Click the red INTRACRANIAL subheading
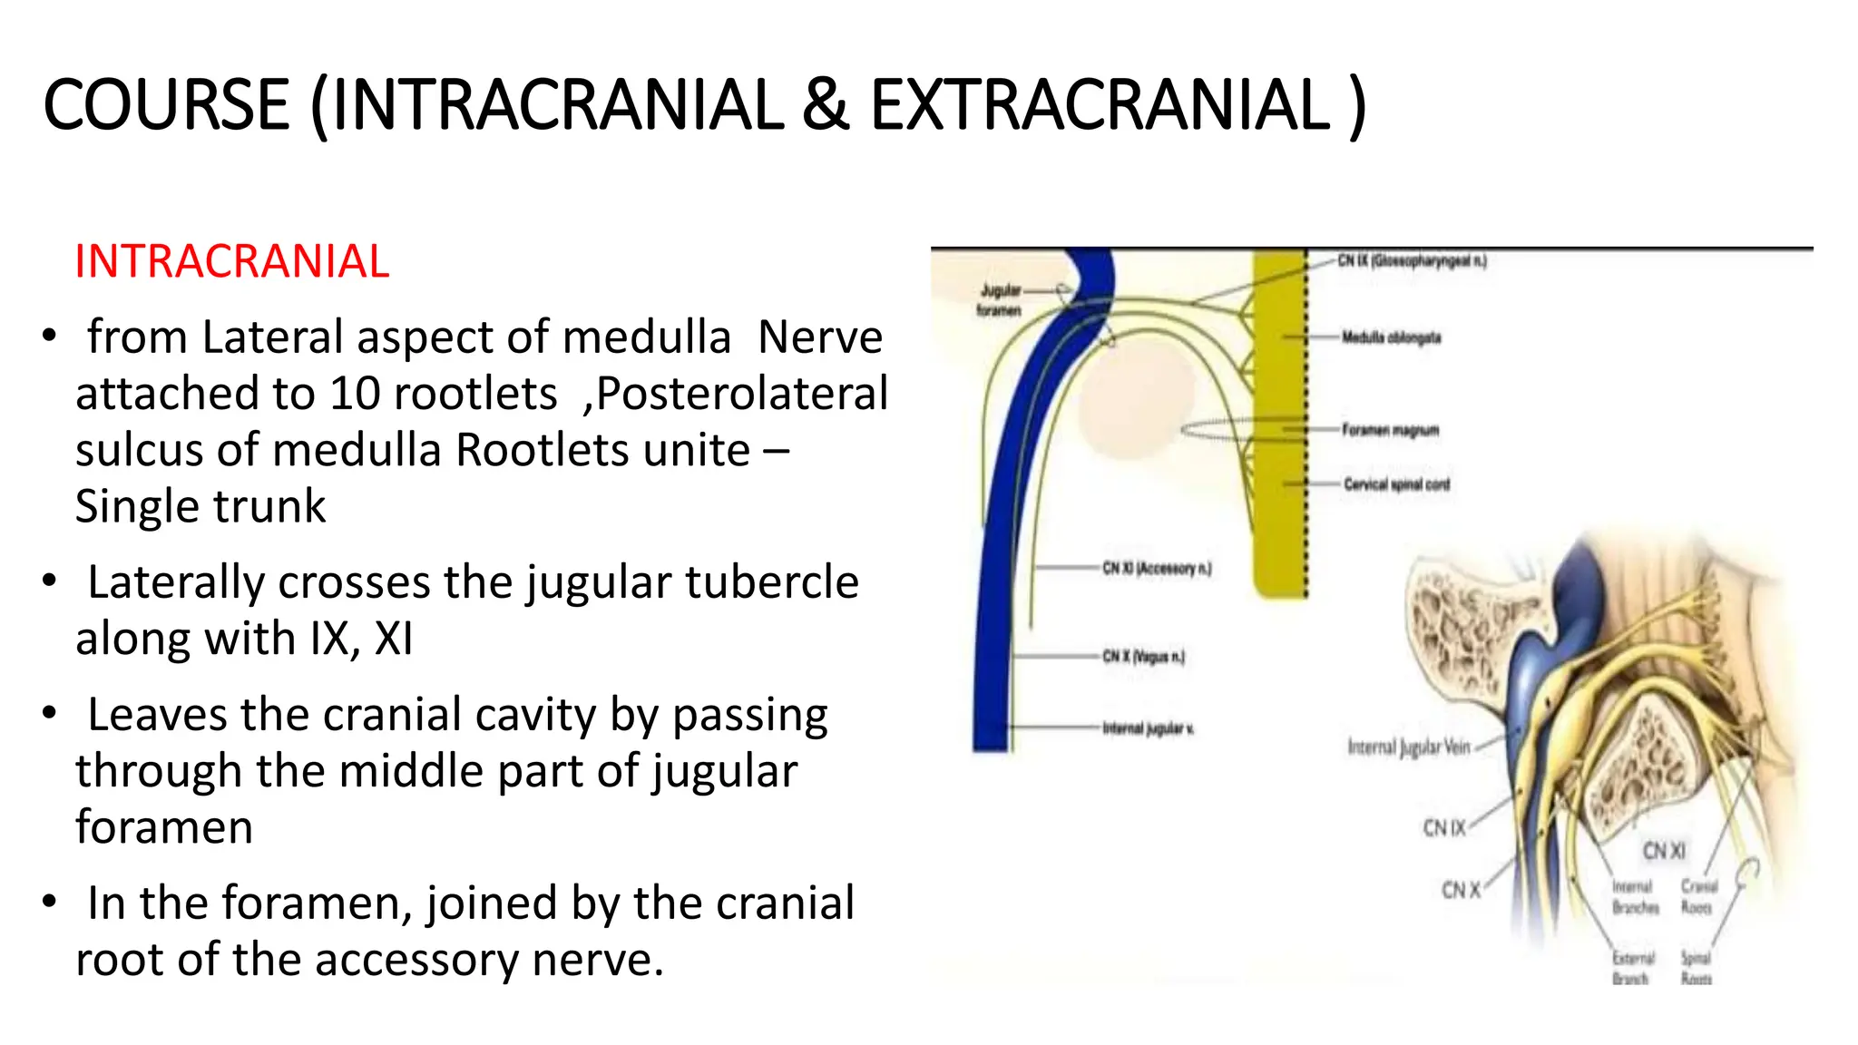231,262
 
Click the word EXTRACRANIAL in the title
1100,106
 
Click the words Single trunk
200,507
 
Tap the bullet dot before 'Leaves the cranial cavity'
50,714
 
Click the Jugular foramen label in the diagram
1000,300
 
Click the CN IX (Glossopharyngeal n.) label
1412,261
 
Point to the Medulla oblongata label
1391,337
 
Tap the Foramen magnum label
1390,430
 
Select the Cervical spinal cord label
1396,484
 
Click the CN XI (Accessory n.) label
1157,569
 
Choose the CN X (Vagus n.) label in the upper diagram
1143,656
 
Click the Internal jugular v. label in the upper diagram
1148,728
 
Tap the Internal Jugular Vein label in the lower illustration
1408,747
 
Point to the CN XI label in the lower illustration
1664,851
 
